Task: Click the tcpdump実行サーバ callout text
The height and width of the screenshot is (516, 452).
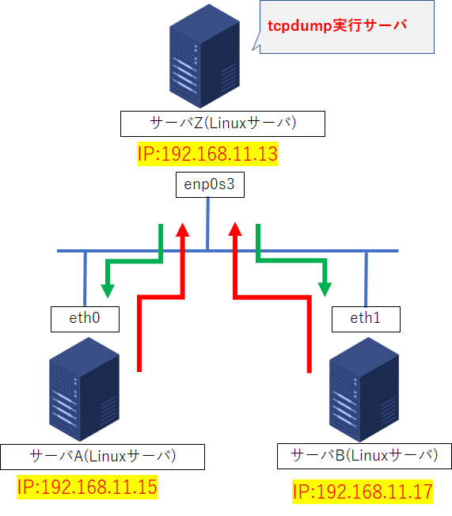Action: [x=337, y=25]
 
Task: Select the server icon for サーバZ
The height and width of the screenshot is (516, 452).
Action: [x=204, y=56]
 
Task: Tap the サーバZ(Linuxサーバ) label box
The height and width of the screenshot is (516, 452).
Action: [x=222, y=123]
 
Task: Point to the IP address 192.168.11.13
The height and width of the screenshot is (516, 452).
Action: [x=207, y=154]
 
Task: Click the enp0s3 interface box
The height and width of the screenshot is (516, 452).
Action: [x=210, y=184]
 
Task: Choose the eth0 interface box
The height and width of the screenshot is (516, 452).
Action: [x=85, y=319]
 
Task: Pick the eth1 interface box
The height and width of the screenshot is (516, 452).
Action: [x=366, y=319]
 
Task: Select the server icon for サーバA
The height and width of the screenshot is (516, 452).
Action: [x=84, y=389]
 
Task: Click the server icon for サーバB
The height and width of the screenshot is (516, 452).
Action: [x=364, y=389]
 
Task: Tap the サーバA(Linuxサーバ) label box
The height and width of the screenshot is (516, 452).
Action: [x=102, y=457]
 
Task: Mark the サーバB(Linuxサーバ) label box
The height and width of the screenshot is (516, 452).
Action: [x=364, y=456]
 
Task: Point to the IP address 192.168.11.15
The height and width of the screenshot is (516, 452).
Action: [x=87, y=487]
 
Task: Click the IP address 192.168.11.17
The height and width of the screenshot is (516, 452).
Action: [x=363, y=491]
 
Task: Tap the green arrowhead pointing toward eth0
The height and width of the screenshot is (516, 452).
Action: [x=108, y=290]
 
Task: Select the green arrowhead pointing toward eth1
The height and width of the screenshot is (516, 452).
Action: [x=325, y=290]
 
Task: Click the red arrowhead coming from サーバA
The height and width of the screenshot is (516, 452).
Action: [x=182, y=230]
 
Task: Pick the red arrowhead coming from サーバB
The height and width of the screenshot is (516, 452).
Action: [x=235, y=229]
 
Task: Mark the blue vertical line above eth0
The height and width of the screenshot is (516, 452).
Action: [x=85, y=279]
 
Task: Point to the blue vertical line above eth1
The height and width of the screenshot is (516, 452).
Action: [x=366, y=279]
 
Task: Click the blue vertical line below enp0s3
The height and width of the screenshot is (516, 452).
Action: [x=207, y=223]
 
